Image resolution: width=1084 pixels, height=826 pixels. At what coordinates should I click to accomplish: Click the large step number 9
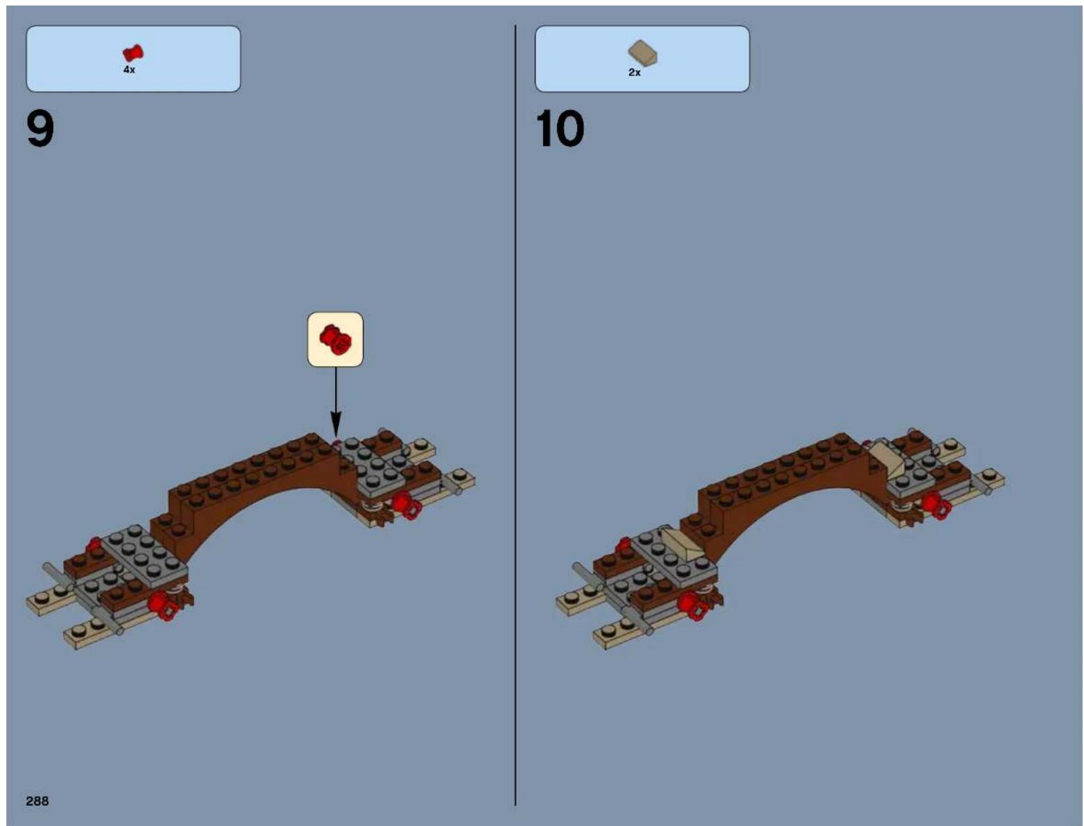click(x=40, y=129)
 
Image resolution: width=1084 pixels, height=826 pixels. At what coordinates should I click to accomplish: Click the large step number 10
click(x=560, y=129)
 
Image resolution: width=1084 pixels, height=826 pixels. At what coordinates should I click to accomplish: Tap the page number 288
click(x=37, y=800)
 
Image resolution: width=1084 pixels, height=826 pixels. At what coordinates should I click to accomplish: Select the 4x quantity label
click(x=129, y=70)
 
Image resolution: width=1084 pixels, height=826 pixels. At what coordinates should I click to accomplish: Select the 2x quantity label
click(x=634, y=73)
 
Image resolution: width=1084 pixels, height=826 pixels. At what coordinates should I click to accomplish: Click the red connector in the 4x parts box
click(x=133, y=53)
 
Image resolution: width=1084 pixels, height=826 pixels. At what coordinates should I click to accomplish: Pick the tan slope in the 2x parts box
click(x=643, y=53)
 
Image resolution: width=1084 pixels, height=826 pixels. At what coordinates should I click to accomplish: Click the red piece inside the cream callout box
click(x=335, y=339)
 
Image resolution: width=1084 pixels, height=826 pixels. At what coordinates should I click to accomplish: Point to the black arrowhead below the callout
click(x=336, y=424)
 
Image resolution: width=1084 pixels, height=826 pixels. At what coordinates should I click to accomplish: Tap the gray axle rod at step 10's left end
click(x=613, y=598)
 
